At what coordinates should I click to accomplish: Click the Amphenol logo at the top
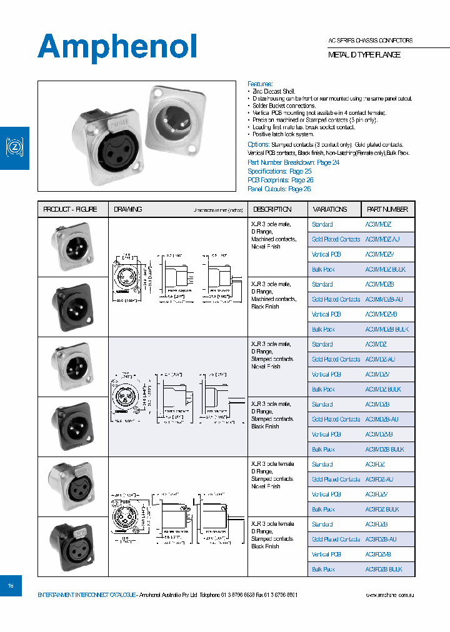pyautogui.click(x=117, y=47)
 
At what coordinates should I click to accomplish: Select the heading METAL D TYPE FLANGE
pyautogui.click(x=364, y=55)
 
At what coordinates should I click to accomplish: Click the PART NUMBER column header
pyautogui.click(x=387, y=209)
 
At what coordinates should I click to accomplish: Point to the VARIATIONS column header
pyautogui.click(x=330, y=209)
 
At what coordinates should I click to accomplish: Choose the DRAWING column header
pyautogui.click(x=127, y=209)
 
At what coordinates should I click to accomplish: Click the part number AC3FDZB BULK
pyautogui.click(x=384, y=570)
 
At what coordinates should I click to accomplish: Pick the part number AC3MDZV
pyautogui.click(x=377, y=374)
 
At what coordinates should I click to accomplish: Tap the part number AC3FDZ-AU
pyautogui.click(x=379, y=479)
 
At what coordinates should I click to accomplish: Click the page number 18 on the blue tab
pyautogui.click(x=11, y=586)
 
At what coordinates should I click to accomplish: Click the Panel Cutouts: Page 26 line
pyautogui.click(x=279, y=189)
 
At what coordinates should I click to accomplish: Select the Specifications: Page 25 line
pyautogui.click(x=279, y=171)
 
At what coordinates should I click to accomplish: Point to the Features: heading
pyautogui.click(x=260, y=84)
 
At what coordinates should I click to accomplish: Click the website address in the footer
pyautogui.click(x=389, y=595)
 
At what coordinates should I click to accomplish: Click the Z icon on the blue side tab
pyautogui.click(x=14, y=147)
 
